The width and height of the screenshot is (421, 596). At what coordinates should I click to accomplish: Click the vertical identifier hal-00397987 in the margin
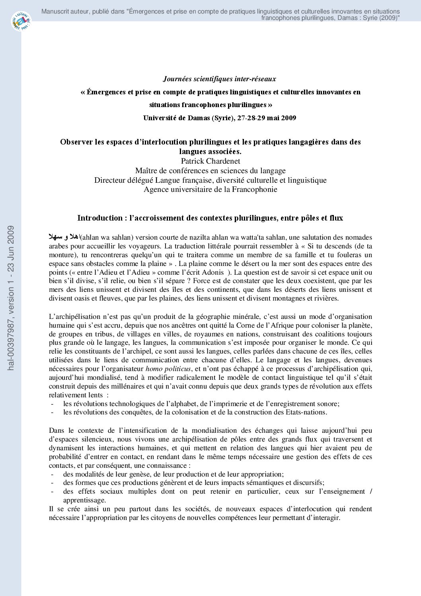point(11,298)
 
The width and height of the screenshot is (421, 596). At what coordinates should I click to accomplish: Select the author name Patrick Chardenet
point(210,161)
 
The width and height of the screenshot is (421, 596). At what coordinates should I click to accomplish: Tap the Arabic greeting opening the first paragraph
point(64,237)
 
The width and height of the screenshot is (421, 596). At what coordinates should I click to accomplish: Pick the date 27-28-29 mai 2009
point(267,118)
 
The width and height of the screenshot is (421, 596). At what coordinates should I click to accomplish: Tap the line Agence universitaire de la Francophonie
point(210,190)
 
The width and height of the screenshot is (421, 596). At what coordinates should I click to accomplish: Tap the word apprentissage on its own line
point(84,500)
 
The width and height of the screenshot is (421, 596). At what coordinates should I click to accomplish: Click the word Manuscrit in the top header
point(55,12)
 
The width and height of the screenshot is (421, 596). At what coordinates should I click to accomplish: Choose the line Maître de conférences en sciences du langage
point(210,171)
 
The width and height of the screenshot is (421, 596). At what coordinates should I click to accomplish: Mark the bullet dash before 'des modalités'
point(52,474)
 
